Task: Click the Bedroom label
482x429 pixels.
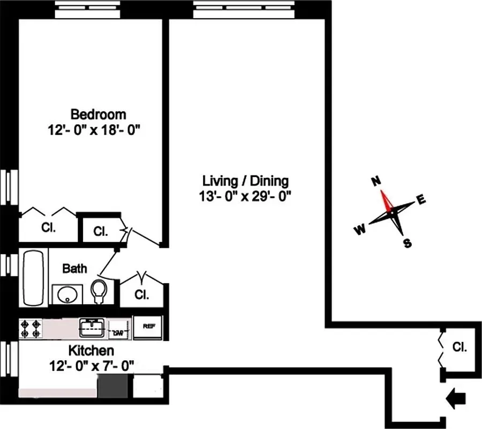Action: point(99,114)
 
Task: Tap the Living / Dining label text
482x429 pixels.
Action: point(245,181)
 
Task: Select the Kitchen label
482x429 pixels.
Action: point(91,351)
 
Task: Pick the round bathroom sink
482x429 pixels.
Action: point(67,294)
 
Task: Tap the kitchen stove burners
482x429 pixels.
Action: point(31,329)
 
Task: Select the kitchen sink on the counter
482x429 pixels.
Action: point(92,327)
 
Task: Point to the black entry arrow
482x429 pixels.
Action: point(456,398)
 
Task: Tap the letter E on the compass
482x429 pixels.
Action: point(421,201)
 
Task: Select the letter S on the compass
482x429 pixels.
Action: point(407,243)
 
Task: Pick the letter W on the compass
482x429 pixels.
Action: point(359,230)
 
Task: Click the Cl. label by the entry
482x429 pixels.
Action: point(459,347)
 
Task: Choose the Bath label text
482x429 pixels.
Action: point(74,269)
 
